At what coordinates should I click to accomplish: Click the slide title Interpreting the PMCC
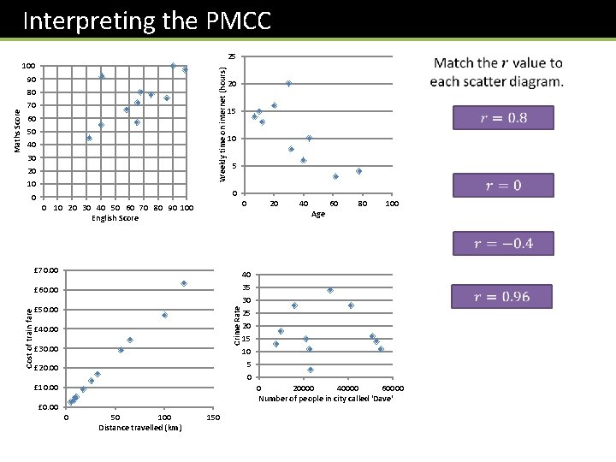tap(146, 20)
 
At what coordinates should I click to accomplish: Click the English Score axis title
tap(115, 218)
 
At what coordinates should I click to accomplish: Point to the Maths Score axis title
tap(18, 131)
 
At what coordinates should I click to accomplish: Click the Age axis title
tap(317, 215)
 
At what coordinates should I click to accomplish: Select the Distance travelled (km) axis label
tap(139, 428)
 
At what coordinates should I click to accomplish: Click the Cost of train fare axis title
tap(29, 338)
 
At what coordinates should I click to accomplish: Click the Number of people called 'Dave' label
tap(325, 399)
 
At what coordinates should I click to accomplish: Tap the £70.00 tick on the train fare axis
tap(46, 271)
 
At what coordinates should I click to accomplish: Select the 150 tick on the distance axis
tap(213, 418)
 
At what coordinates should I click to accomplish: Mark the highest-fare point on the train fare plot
tap(184, 283)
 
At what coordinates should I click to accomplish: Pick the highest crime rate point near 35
tap(329, 290)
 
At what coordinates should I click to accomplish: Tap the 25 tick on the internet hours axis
tap(232, 56)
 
